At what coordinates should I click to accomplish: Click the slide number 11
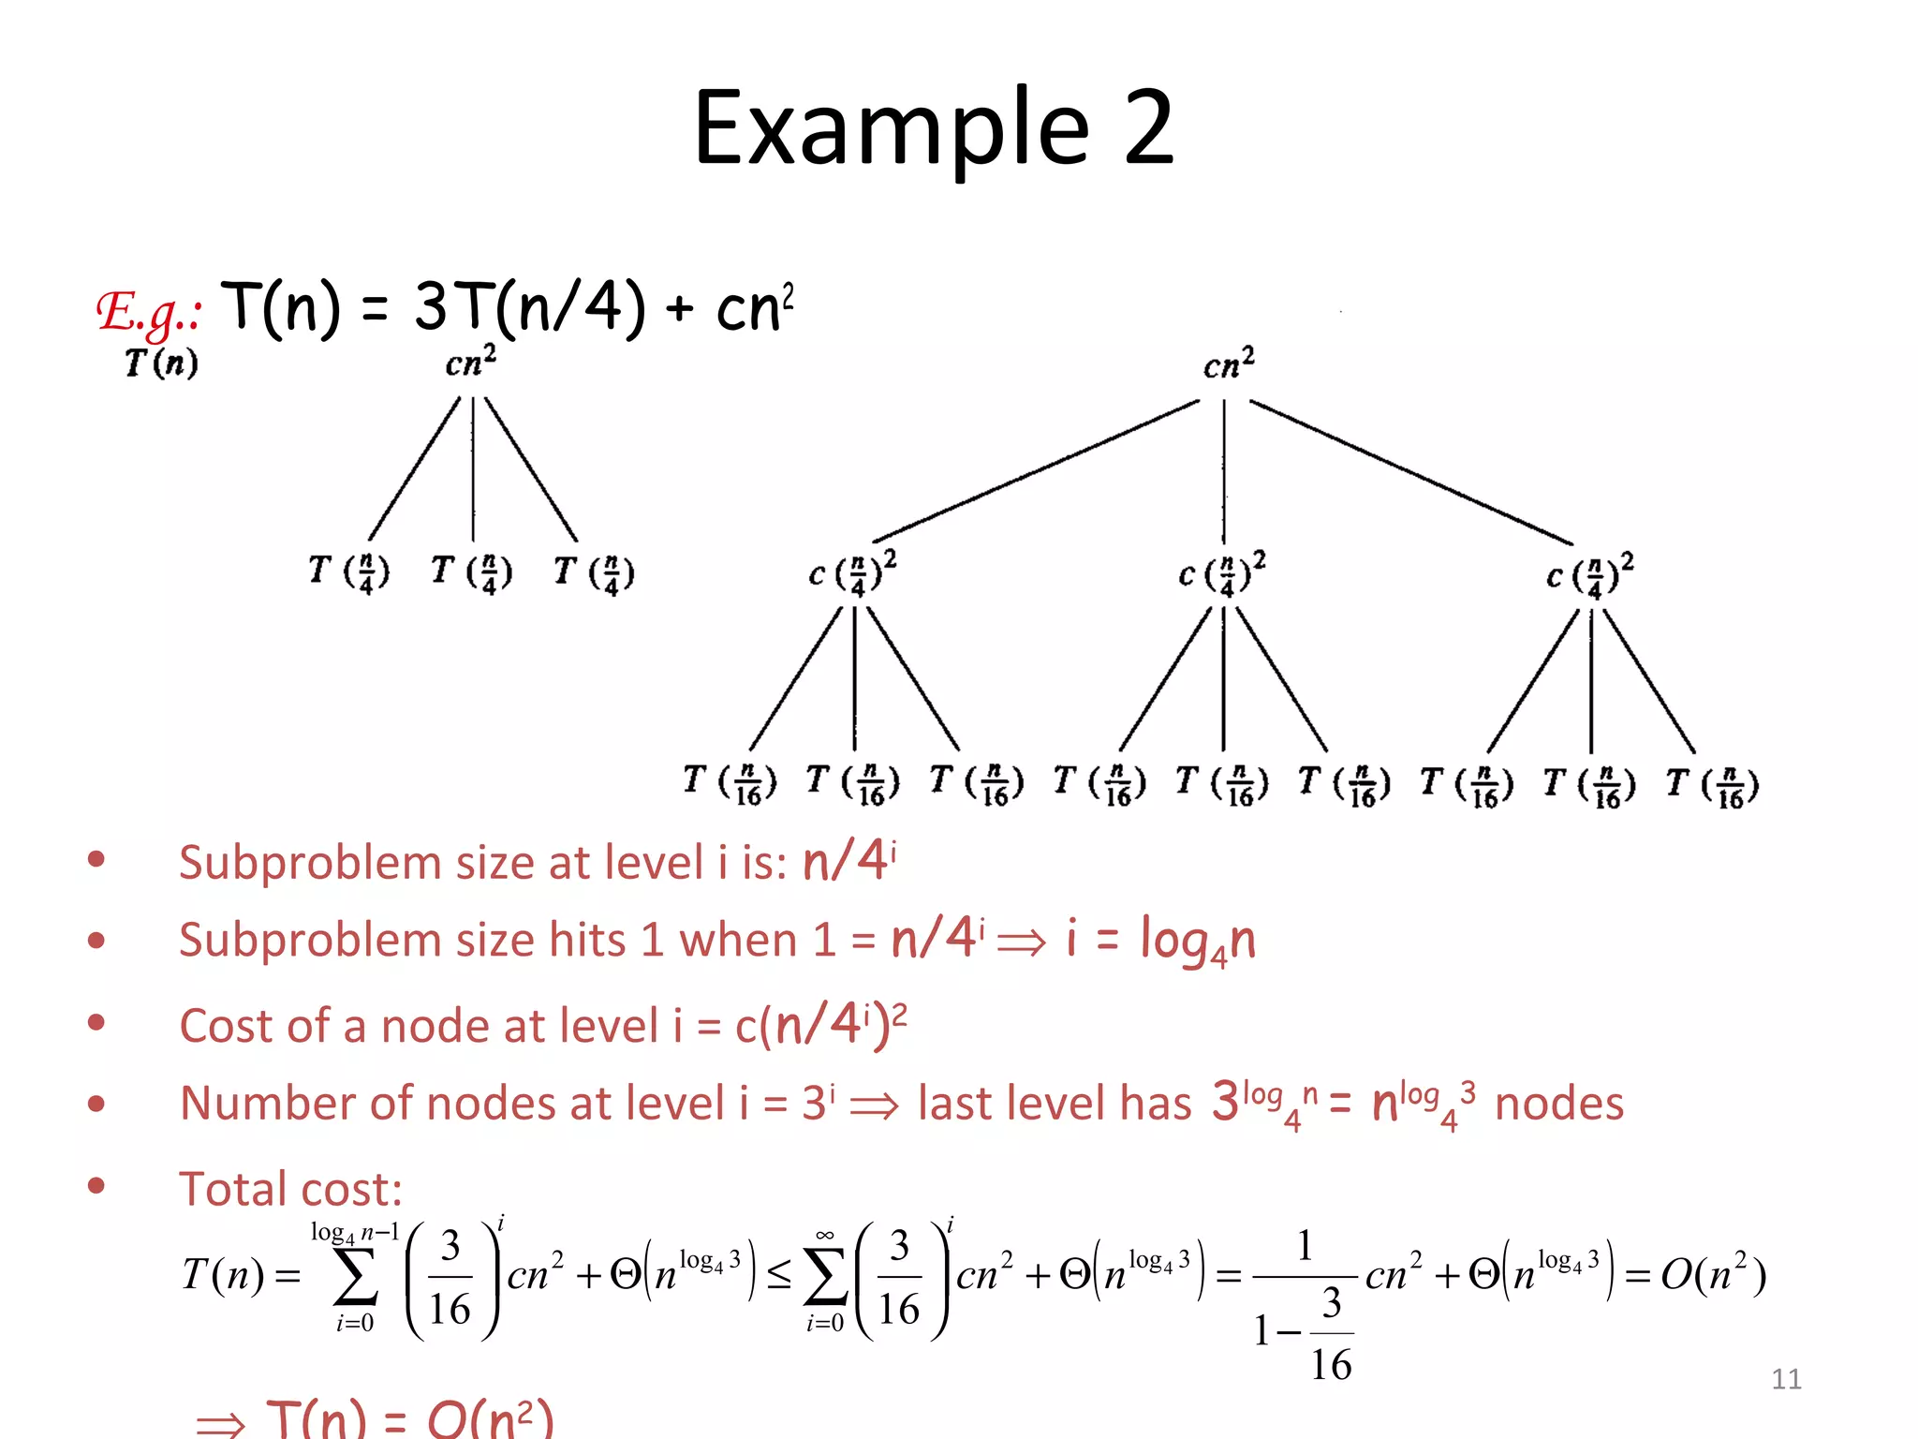click(x=1786, y=1379)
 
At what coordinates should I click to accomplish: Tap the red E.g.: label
click(x=149, y=312)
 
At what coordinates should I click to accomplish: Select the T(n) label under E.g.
click(x=161, y=363)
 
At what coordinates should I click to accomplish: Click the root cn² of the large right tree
click(x=1228, y=363)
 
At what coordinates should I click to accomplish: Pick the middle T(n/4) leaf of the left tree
click(x=471, y=572)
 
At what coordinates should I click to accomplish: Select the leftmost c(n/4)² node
click(x=852, y=572)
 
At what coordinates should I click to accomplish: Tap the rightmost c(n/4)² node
click(x=1589, y=574)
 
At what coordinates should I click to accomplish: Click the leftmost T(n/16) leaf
click(x=730, y=783)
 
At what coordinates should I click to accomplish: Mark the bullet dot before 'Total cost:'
click(x=96, y=1186)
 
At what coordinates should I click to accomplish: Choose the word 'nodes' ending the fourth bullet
click(x=1558, y=1104)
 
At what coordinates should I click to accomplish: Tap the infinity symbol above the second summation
click(x=824, y=1236)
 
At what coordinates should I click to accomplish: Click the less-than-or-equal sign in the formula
click(x=778, y=1275)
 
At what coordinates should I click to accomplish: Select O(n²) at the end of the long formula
click(x=1713, y=1275)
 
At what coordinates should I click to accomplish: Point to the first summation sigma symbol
click(x=356, y=1276)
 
